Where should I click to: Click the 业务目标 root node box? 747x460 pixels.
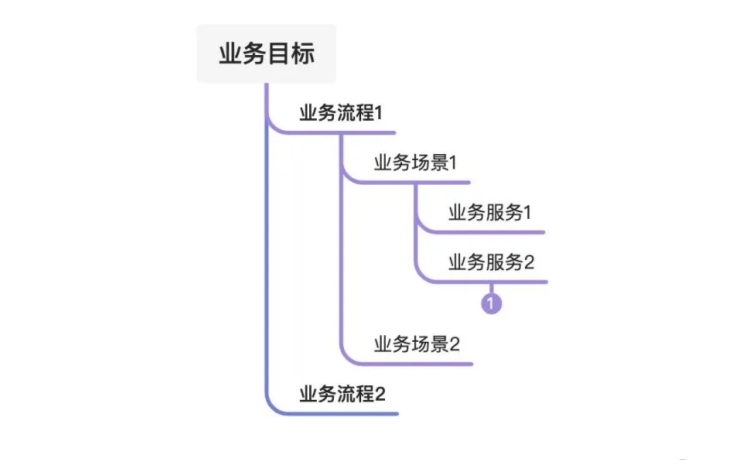[266, 54]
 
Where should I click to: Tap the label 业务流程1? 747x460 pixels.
[341, 113]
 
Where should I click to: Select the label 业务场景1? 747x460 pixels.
[415, 163]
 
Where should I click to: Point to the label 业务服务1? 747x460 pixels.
[489, 213]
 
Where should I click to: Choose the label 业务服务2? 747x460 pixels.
[491, 262]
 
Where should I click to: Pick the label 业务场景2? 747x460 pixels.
[417, 344]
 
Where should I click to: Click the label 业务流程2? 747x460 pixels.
[342, 394]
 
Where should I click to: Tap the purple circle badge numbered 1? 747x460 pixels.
[491, 304]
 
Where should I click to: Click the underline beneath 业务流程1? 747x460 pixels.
[341, 133]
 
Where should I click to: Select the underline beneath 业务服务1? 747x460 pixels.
[490, 233]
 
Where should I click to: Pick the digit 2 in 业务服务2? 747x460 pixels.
[529, 262]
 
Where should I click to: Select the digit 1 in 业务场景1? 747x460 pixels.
[453, 163]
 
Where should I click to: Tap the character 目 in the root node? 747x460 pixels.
[278, 54]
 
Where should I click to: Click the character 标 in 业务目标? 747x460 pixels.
[303, 54]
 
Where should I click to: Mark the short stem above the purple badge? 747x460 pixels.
[491, 288]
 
